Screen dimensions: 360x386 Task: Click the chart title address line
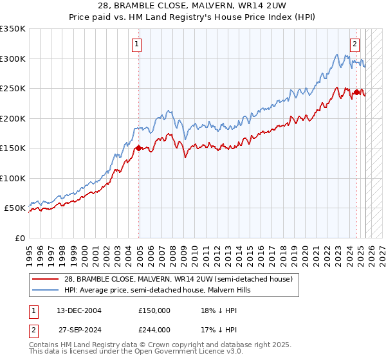[x=193, y=6]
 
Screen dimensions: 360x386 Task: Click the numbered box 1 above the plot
[x=138, y=44]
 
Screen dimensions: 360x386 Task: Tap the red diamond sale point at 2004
[x=138, y=148]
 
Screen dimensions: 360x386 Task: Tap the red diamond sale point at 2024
[x=356, y=93]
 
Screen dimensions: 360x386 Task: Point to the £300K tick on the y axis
[x=13, y=59]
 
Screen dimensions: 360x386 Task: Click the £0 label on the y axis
[x=20, y=238]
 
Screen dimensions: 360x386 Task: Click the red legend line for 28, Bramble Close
[x=46, y=279]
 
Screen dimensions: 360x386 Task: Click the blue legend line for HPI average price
[x=46, y=290]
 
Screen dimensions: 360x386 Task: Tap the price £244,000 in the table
[x=154, y=330]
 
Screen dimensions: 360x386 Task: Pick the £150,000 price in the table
[x=154, y=310]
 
